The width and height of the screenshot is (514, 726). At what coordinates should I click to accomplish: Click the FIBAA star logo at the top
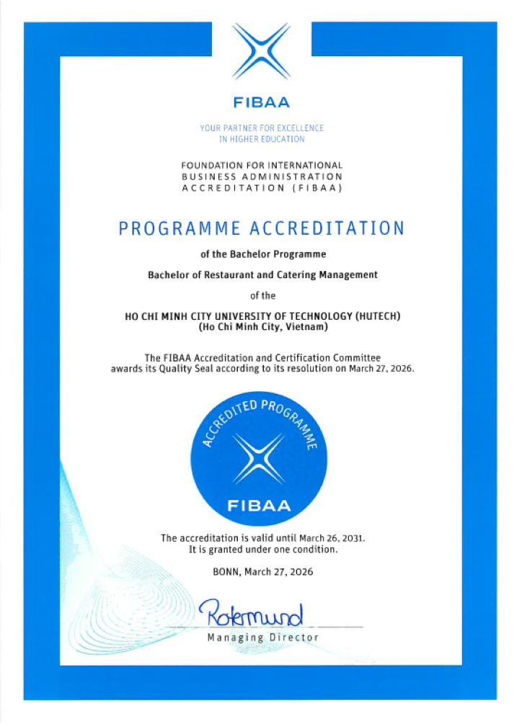(x=262, y=51)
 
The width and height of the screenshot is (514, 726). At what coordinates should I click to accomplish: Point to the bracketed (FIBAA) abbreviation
(x=315, y=188)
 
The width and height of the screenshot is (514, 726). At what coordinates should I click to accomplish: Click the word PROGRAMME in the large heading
(x=180, y=228)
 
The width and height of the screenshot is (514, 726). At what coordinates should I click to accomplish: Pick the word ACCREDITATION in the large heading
(x=327, y=228)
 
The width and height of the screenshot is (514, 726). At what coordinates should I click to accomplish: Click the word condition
(x=315, y=549)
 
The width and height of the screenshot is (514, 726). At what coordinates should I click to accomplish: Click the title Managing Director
(x=262, y=638)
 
